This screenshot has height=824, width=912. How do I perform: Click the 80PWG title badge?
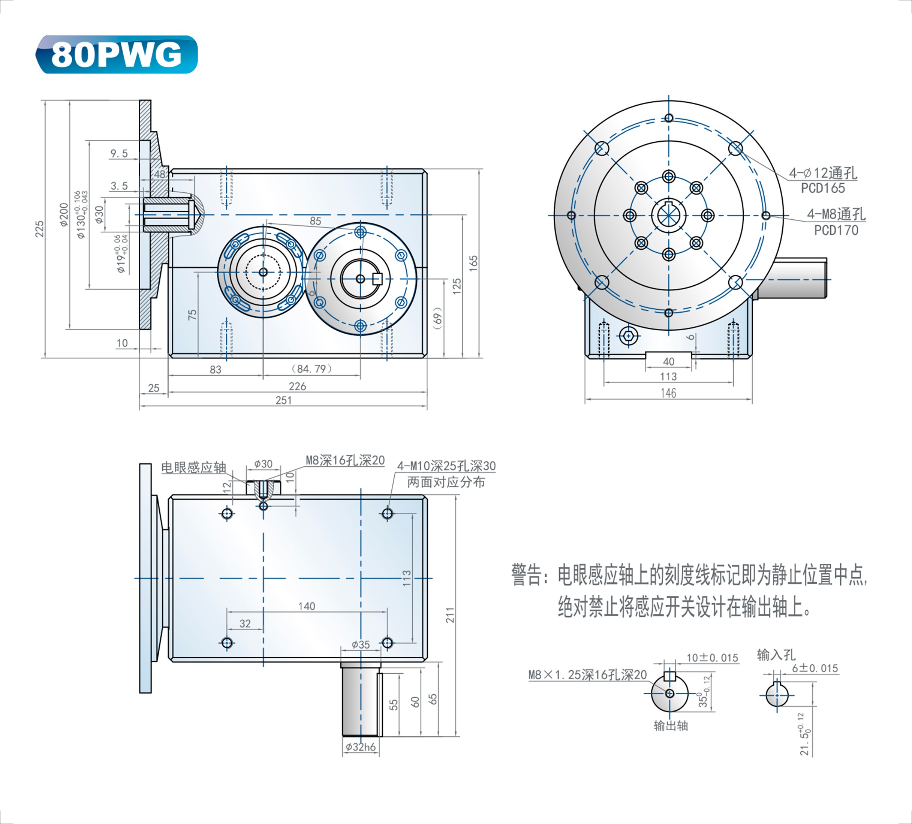[x=116, y=54]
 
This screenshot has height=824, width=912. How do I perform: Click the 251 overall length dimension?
[x=284, y=400]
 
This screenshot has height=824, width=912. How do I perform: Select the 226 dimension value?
[x=297, y=386]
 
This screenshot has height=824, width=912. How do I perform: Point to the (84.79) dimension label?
[x=312, y=369]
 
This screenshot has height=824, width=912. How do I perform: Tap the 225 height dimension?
[x=40, y=229]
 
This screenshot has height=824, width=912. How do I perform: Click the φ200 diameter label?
[x=64, y=214]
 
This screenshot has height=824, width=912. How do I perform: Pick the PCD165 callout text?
[x=823, y=188]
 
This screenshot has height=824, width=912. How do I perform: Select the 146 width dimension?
[x=669, y=393]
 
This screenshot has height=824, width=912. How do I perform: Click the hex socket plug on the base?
[x=628, y=336]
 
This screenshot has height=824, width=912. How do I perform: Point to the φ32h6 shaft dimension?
[x=361, y=747]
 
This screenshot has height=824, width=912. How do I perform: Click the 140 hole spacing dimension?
[x=307, y=606]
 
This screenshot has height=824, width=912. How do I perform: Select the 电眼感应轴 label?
[x=194, y=467]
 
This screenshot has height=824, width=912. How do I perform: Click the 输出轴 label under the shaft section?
[x=671, y=726]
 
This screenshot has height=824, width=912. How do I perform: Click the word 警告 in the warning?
[x=526, y=575]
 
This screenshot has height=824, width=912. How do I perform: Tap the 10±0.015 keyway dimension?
[x=713, y=658]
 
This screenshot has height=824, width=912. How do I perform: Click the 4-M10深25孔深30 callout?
[x=446, y=466]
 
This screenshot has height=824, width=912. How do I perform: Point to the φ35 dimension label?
[x=361, y=645]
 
